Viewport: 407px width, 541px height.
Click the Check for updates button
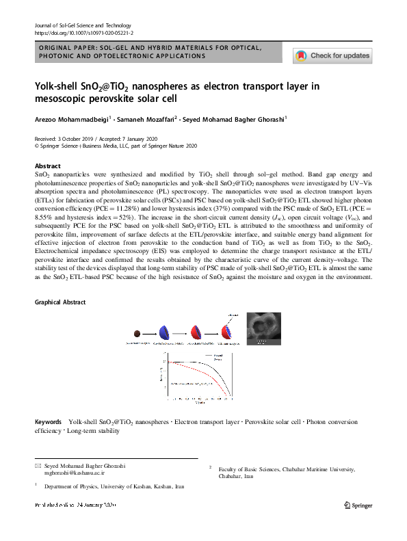(x=332, y=55)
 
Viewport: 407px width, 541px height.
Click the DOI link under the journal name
(x=83, y=32)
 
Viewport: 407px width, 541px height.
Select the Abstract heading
(x=48, y=166)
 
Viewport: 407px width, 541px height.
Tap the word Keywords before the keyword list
(x=50, y=422)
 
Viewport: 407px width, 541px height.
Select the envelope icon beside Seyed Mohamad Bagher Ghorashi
(x=38, y=465)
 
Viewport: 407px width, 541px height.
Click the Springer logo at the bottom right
(x=358, y=505)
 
